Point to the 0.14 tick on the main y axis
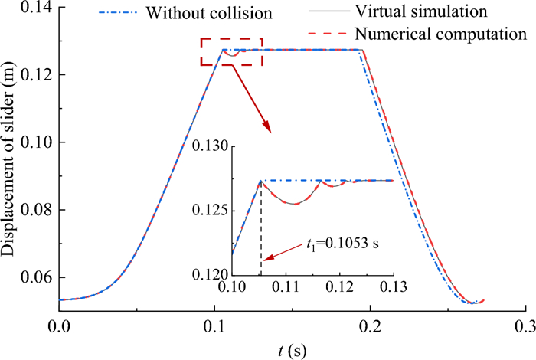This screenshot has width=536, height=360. click(x=34, y=7)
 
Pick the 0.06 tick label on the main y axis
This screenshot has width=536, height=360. click(x=34, y=277)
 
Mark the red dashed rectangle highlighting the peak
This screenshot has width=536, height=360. click(x=231, y=52)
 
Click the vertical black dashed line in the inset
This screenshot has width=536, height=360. click(x=261, y=230)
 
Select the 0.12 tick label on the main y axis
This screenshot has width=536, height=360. click(x=34, y=74)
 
